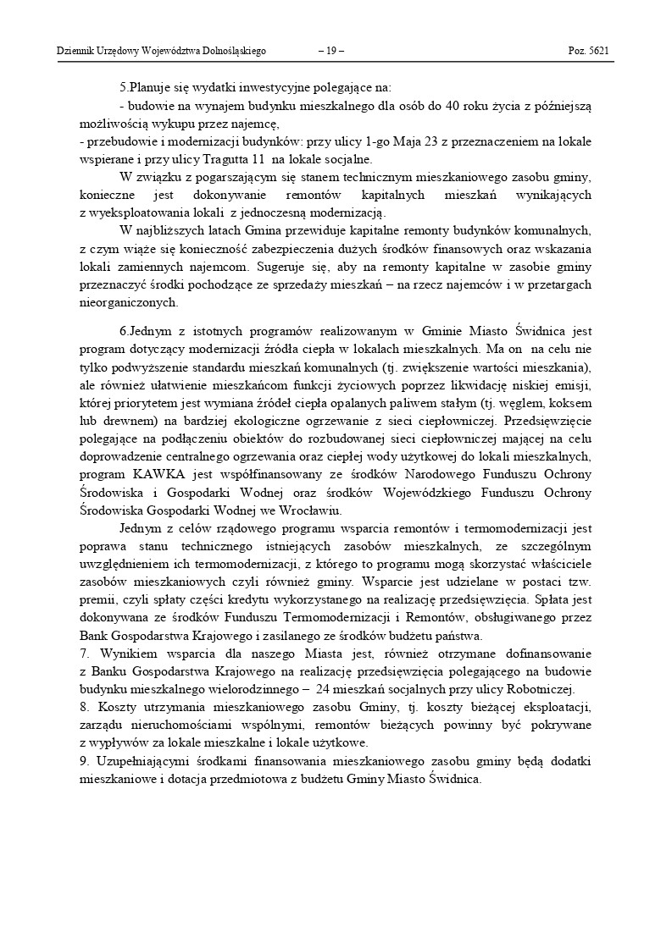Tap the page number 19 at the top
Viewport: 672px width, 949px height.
pyautogui.click(x=330, y=51)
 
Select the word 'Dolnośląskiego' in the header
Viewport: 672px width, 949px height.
pyautogui.click(x=235, y=51)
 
